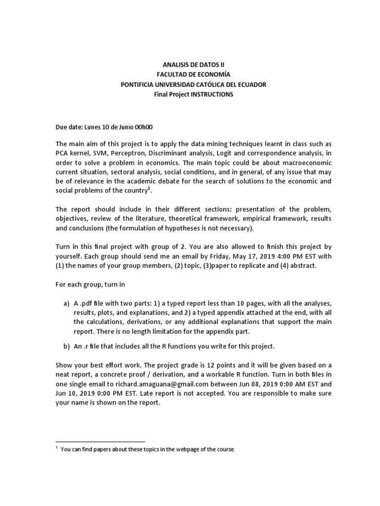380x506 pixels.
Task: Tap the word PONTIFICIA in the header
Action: point(138,84)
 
